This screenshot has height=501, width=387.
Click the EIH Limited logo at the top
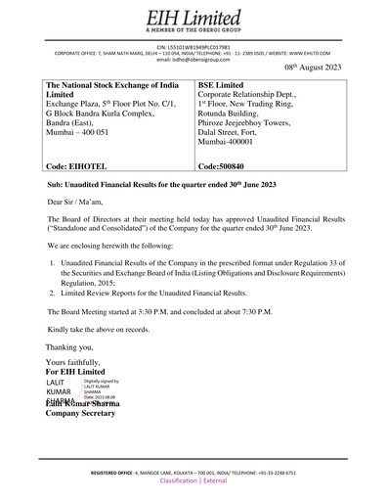coord(193,18)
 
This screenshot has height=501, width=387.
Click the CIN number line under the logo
coord(193,45)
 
